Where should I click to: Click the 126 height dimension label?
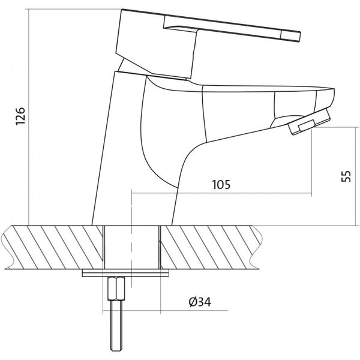[x=20, y=116]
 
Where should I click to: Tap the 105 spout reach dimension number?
[x=221, y=185]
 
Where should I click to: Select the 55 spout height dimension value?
[x=346, y=176]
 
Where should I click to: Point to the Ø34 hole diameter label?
[x=200, y=302]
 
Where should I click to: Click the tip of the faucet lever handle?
[x=300, y=37]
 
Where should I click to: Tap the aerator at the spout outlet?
[x=309, y=122]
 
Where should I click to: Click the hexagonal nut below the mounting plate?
[x=116, y=289]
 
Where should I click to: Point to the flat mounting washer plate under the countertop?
[x=125, y=273]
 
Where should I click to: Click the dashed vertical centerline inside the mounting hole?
[x=131, y=239]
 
